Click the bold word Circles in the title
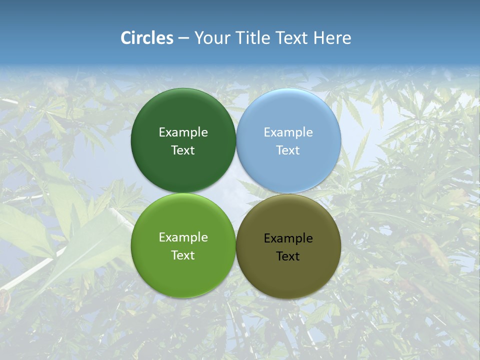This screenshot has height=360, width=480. pyautogui.click(x=147, y=38)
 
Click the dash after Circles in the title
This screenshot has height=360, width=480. pyautogui.click(x=183, y=38)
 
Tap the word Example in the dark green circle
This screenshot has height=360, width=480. pyautogui.click(x=183, y=132)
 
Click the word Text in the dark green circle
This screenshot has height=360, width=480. pyautogui.click(x=183, y=150)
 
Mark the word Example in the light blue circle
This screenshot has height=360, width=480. pyautogui.click(x=288, y=132)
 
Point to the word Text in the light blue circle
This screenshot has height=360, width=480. pyautogui.click(x=288, y=150)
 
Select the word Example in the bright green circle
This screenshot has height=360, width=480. pyautogui.click(x=183, y=237)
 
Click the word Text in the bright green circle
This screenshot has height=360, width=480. pyautogui.click(x=183, y=255)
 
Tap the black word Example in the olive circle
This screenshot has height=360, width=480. pyautogui.click(x=288, y=238)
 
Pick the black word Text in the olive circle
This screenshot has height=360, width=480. pyautogui.click(x=288, y=256)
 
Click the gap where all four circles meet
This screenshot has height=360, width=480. pyautogui.click(x=236, y=193)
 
